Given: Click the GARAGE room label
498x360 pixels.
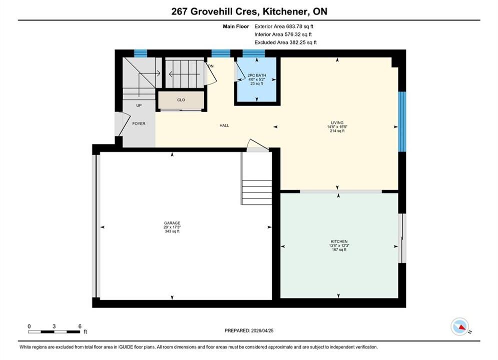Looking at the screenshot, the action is coord(172,223).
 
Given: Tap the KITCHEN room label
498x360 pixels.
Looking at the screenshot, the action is coord(339,241).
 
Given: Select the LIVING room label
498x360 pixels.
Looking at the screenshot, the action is coord(337,122).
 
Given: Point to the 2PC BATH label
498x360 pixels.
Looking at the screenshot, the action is coord(257,75).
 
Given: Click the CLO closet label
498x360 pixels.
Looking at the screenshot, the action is coord(181,100).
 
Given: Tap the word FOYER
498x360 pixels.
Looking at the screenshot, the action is coord(139,123).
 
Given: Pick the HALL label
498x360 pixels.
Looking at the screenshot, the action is coord(224,125).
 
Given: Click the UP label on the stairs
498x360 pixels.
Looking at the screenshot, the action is coord(139,105).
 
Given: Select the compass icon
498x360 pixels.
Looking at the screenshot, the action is coord(460,326).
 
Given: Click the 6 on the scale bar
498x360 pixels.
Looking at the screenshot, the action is coord(80,326).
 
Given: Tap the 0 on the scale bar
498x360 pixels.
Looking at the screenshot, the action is coord(29,326).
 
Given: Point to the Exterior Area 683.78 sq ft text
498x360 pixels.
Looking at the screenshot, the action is coord(284,26).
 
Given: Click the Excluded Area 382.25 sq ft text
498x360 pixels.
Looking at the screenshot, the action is coord(285,42).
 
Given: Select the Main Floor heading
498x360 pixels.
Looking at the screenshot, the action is coord(236,26).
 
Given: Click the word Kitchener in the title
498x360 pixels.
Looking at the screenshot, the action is coord(285,11).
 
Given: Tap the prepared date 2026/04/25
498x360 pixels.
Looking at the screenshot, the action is coord(262,330).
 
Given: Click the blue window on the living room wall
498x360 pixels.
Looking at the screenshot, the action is coord(402,121).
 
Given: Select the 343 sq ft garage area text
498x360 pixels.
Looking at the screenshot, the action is coord(172,231).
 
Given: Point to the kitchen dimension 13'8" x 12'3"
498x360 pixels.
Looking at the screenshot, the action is coord(339,245).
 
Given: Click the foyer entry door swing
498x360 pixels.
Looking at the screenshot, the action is coord(120,124).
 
